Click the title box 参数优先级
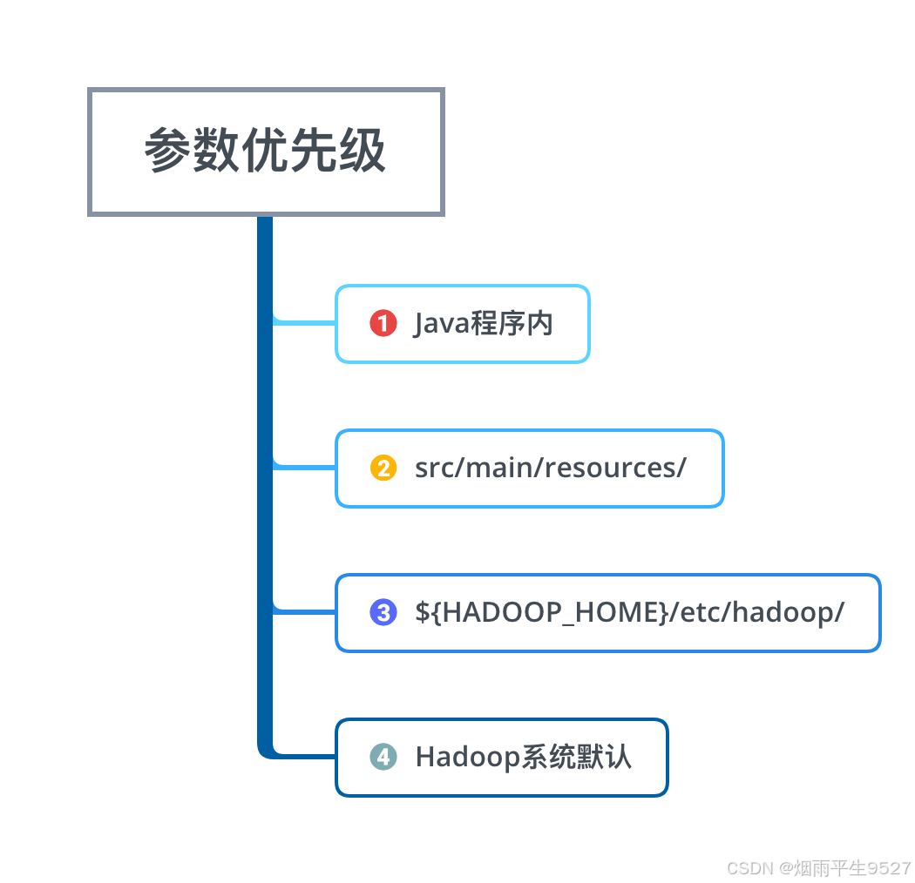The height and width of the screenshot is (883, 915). pos(266,152)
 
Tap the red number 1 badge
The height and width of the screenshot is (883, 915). pos(383,324)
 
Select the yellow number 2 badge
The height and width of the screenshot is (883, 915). pos(383,468)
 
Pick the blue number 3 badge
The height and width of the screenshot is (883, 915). pos(383,612)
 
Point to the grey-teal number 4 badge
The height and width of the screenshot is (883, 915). pos(383,757)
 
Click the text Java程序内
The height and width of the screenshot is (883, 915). pos(484,324)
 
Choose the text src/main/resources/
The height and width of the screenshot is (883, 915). pos(550,468)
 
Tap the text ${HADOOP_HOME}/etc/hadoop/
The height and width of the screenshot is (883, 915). pos(629,612)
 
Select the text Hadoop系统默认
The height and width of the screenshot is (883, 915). pos(523,757)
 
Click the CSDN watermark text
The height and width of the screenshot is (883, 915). pos(818,868)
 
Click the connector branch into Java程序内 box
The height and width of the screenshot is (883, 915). pos(305,322)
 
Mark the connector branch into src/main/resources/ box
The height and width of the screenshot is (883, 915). pos(305,467)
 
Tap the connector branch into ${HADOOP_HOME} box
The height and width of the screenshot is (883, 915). pos(305,611)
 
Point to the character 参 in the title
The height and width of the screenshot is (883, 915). pos(167,152)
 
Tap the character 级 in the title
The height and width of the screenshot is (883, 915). pos(363,152)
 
